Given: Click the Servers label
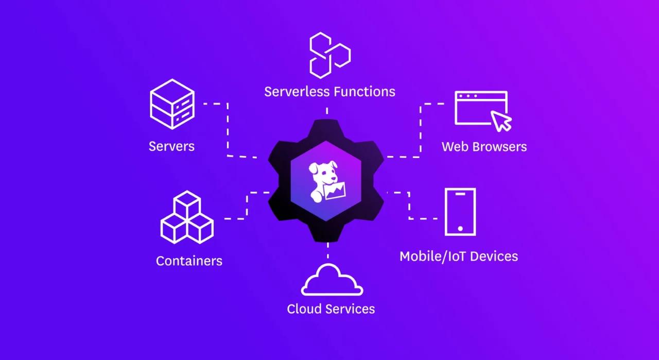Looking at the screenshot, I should coord(171,146).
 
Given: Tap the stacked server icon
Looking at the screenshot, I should coord(172,104).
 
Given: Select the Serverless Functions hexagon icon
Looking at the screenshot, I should coord(329,54).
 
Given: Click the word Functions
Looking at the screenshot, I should coord(364,92).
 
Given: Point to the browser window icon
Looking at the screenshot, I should coord(481,108).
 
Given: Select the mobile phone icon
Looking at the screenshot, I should coord(460,212).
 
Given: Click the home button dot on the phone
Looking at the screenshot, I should coord(460,228).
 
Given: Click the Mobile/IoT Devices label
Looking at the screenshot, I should coord(459,256).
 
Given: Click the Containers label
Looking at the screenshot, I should coord(189,261).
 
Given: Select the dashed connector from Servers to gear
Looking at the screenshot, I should coord(228,129).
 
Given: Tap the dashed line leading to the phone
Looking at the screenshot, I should coord(409,206).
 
